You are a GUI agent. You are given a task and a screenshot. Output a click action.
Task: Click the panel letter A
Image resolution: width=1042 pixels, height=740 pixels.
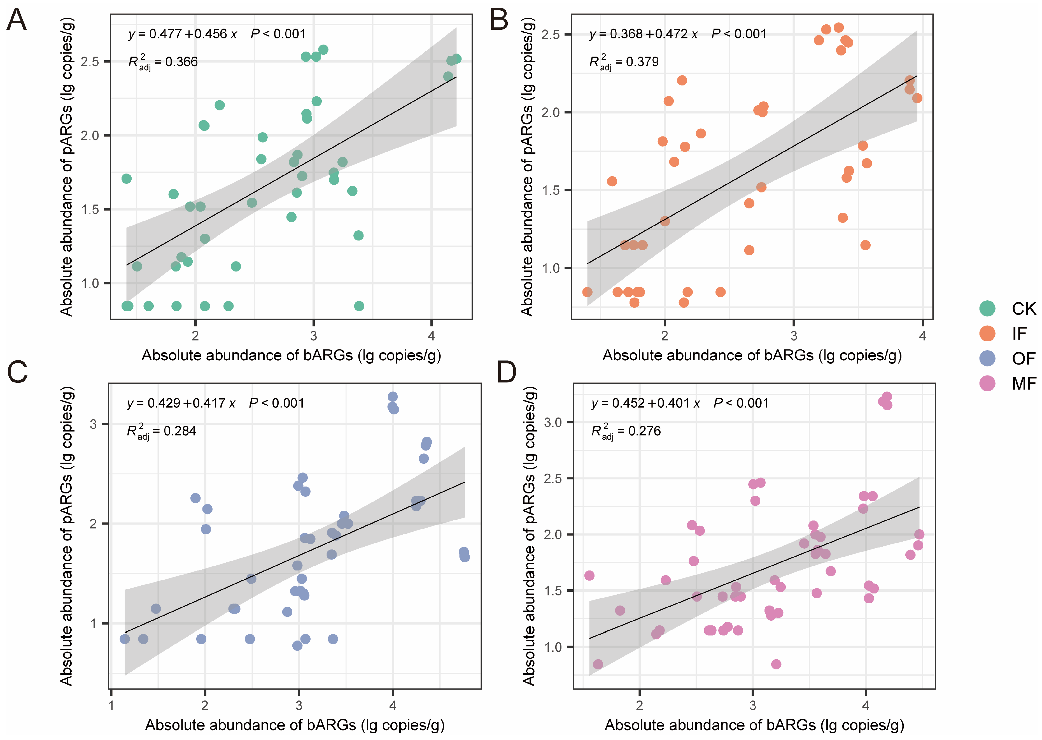click(17, 20)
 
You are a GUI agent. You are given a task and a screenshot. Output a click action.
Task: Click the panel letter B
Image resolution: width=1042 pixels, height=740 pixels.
click(499, 20)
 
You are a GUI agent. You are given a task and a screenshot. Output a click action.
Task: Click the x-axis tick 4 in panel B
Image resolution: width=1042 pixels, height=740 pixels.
click(923, 336)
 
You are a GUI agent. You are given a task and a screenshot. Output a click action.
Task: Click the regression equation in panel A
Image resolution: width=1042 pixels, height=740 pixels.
click(183, 34)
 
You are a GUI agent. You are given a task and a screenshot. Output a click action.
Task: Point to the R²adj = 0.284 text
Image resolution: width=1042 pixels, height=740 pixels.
click(161, 431)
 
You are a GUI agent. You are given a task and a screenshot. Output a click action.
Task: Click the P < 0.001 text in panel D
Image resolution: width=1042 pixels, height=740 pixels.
click(741, 403)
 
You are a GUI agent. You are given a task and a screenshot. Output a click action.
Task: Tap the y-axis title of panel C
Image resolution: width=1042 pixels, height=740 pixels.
click(66, 535)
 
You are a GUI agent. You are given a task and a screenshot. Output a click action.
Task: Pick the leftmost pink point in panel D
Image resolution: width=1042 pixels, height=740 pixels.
click(589, 576)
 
